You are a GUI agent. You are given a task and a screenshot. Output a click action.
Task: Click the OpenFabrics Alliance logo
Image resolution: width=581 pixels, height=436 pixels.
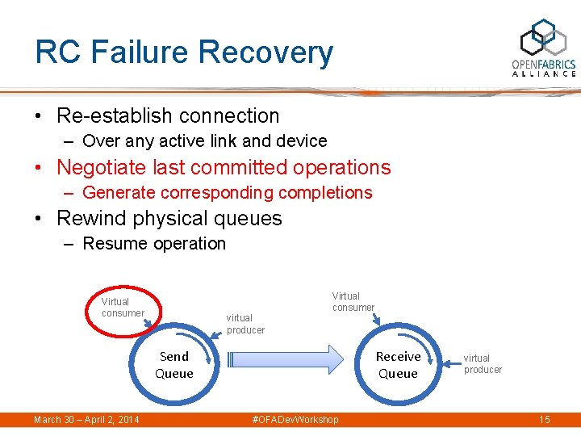(543, 48)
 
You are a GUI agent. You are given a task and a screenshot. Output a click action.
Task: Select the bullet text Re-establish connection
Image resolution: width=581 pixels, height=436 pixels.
(168, 115)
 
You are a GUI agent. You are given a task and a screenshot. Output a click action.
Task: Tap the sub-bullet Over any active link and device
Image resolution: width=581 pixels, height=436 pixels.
(204, 141)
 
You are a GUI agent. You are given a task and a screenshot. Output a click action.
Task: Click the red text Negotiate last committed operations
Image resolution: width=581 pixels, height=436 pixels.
(224, 167)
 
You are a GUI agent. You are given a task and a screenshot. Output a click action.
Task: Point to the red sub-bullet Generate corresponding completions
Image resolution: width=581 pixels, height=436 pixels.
(227, 193)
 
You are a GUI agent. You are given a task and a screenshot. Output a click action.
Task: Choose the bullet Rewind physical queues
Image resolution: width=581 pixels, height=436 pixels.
(169, 218)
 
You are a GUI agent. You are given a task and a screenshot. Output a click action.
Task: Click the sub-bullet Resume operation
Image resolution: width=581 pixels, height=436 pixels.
(154, 244)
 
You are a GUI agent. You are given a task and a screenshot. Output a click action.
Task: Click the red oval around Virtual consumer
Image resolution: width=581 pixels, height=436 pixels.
(123, 308)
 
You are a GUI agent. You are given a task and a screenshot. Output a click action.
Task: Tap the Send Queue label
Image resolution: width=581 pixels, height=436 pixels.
(174, 365)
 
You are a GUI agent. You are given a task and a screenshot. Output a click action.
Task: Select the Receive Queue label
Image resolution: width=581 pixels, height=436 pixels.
(398, 365)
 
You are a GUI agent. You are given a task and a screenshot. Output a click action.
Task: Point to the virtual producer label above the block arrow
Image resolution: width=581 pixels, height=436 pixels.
(245, 324)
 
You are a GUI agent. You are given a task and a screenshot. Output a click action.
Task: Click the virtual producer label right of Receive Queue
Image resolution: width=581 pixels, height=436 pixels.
(483, 364)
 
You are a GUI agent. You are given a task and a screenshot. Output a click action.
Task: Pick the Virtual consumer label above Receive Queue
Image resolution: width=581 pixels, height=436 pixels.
(353, 301)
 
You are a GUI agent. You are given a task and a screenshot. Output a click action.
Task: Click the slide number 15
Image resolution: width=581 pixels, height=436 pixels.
(544, 420)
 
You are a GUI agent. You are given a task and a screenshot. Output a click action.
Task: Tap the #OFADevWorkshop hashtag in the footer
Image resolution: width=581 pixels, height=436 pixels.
(295, 420)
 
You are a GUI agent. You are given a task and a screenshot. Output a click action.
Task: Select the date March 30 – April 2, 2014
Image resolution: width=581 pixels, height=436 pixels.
(86, 420)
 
